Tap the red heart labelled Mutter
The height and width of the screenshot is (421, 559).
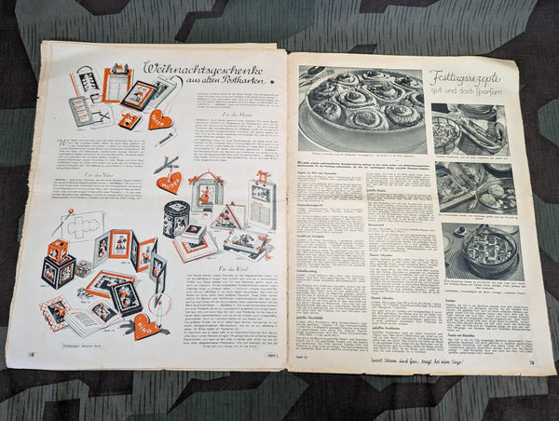pos(169,182)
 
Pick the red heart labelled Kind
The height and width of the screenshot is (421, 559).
pos(143,324)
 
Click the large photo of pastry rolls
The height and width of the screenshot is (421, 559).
pos(362,109)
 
